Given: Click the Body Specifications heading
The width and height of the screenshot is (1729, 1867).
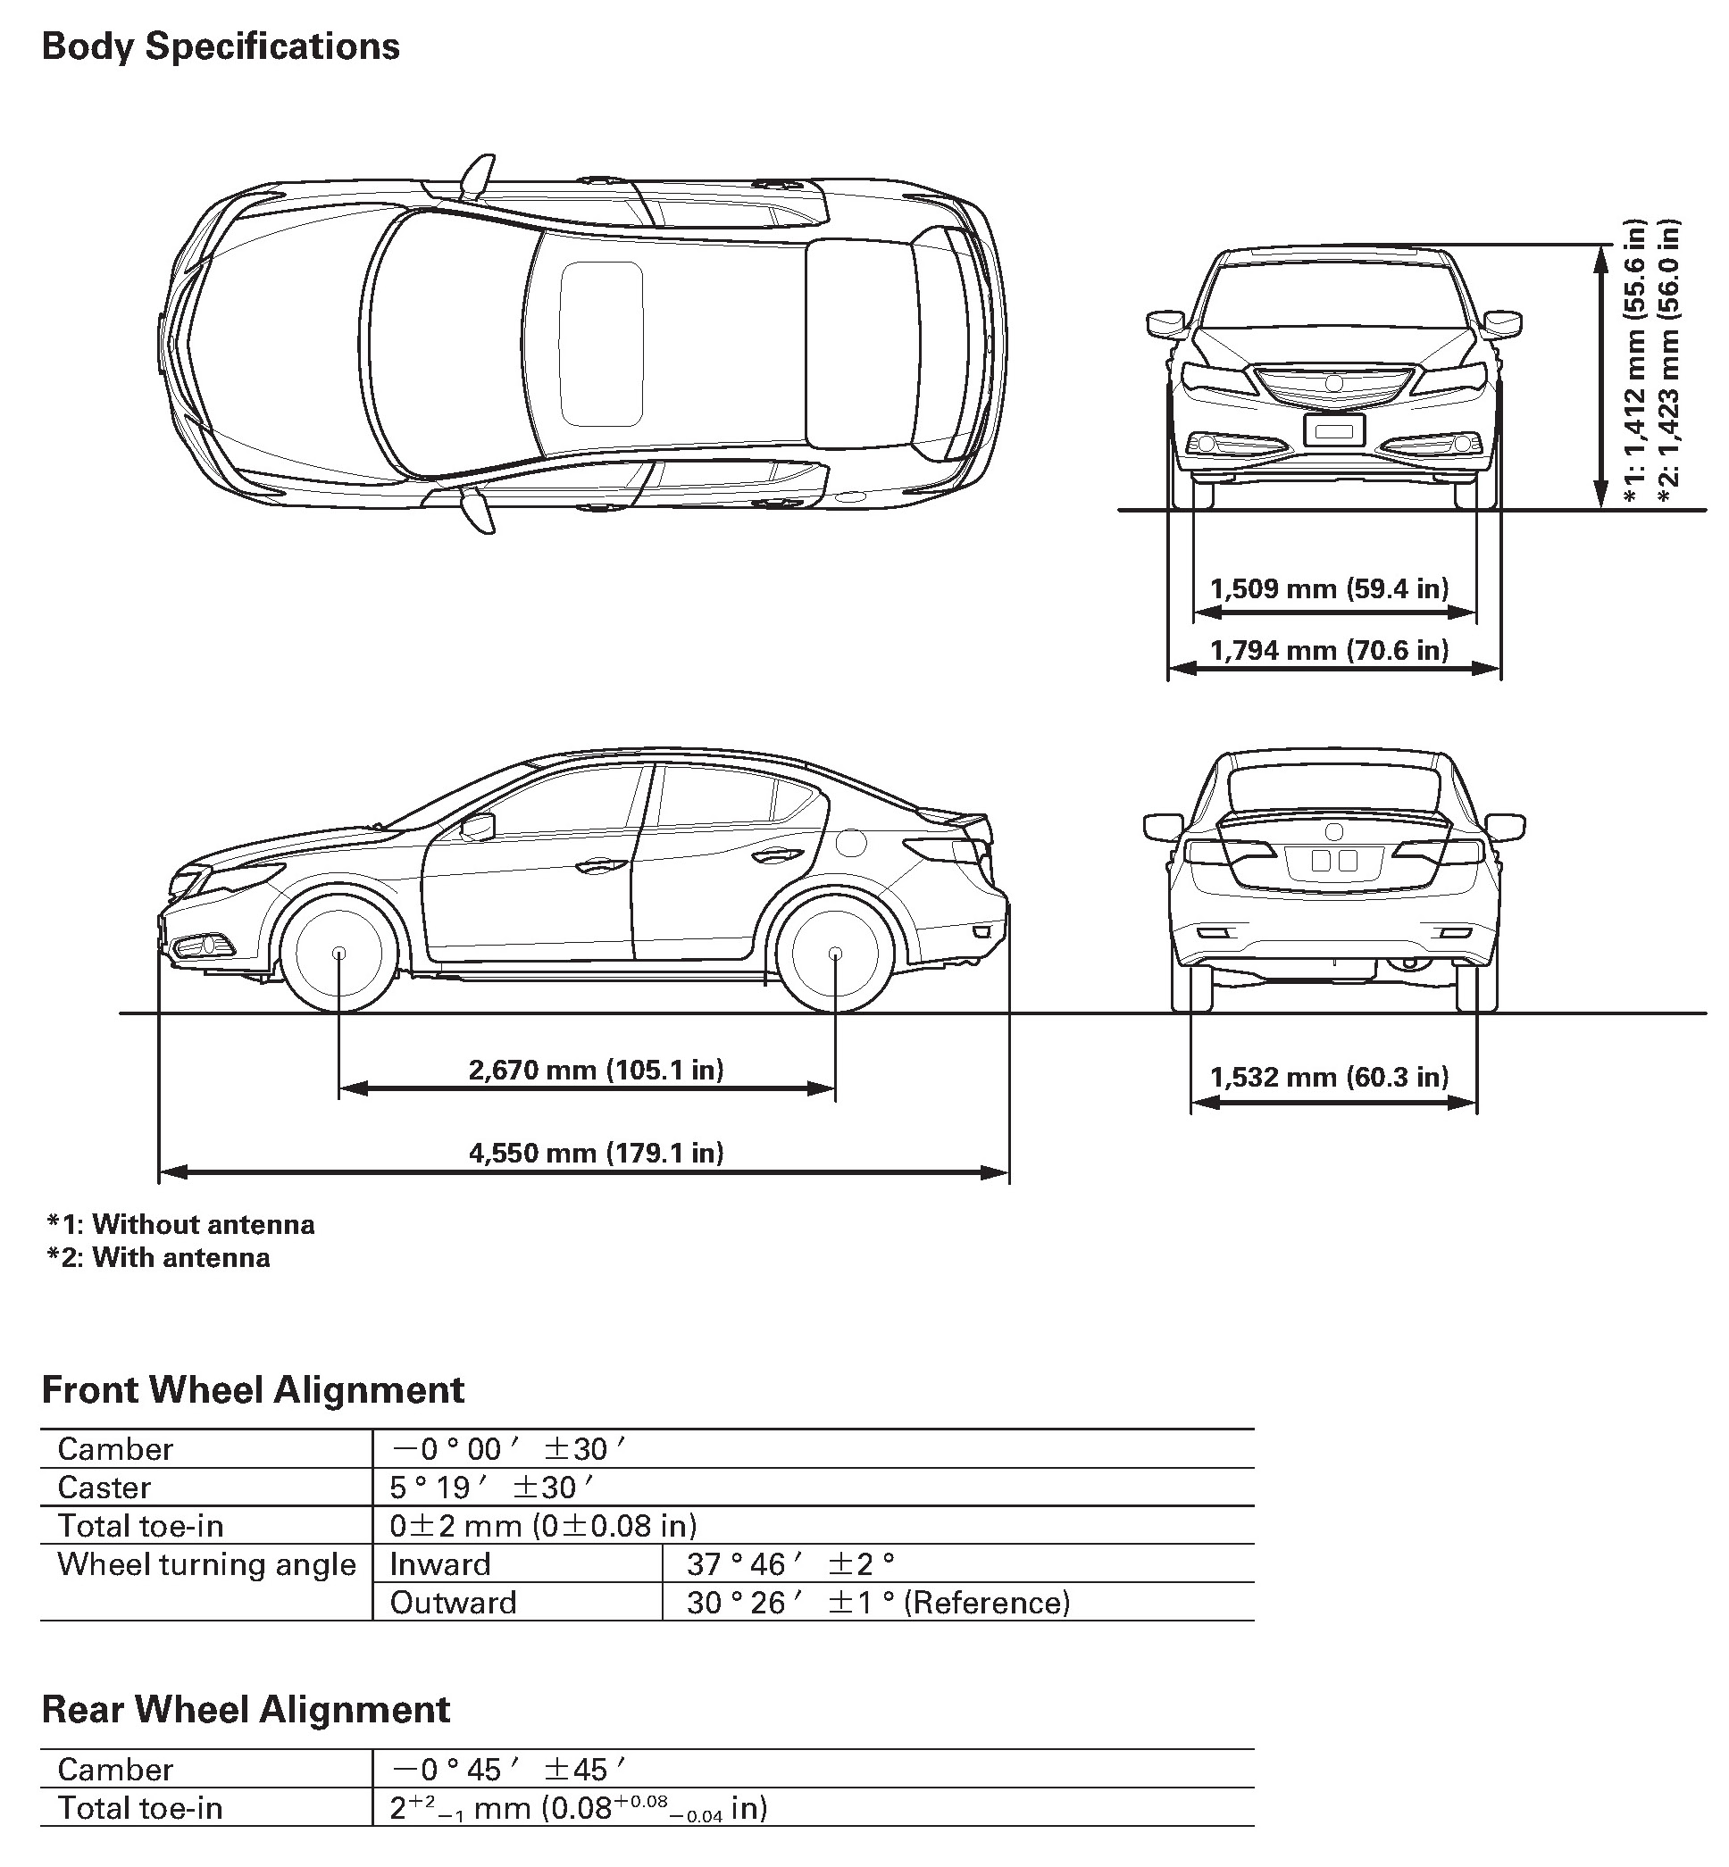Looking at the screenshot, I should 221,46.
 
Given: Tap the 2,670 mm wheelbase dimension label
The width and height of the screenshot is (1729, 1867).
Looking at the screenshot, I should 596,1069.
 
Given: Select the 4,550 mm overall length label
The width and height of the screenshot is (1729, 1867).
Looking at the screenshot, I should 596,1153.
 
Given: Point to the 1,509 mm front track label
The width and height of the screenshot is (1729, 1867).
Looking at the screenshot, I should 1329,588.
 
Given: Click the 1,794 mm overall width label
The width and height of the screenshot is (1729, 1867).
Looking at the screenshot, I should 1329,650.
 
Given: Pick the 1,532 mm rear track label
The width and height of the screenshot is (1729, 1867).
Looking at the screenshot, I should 1329,1078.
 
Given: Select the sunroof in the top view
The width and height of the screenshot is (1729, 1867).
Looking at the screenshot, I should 602,342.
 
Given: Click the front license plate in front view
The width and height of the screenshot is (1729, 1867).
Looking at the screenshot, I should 1334,430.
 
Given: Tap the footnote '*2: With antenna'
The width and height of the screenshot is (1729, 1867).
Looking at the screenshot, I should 159,1257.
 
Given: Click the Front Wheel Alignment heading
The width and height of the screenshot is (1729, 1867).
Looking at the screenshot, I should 253,1390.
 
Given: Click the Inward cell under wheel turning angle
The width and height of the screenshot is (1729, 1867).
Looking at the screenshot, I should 439,1564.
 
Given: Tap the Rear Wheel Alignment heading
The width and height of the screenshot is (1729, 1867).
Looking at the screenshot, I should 246,1710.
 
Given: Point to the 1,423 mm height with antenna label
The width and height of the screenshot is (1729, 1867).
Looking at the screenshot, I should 1668,366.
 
